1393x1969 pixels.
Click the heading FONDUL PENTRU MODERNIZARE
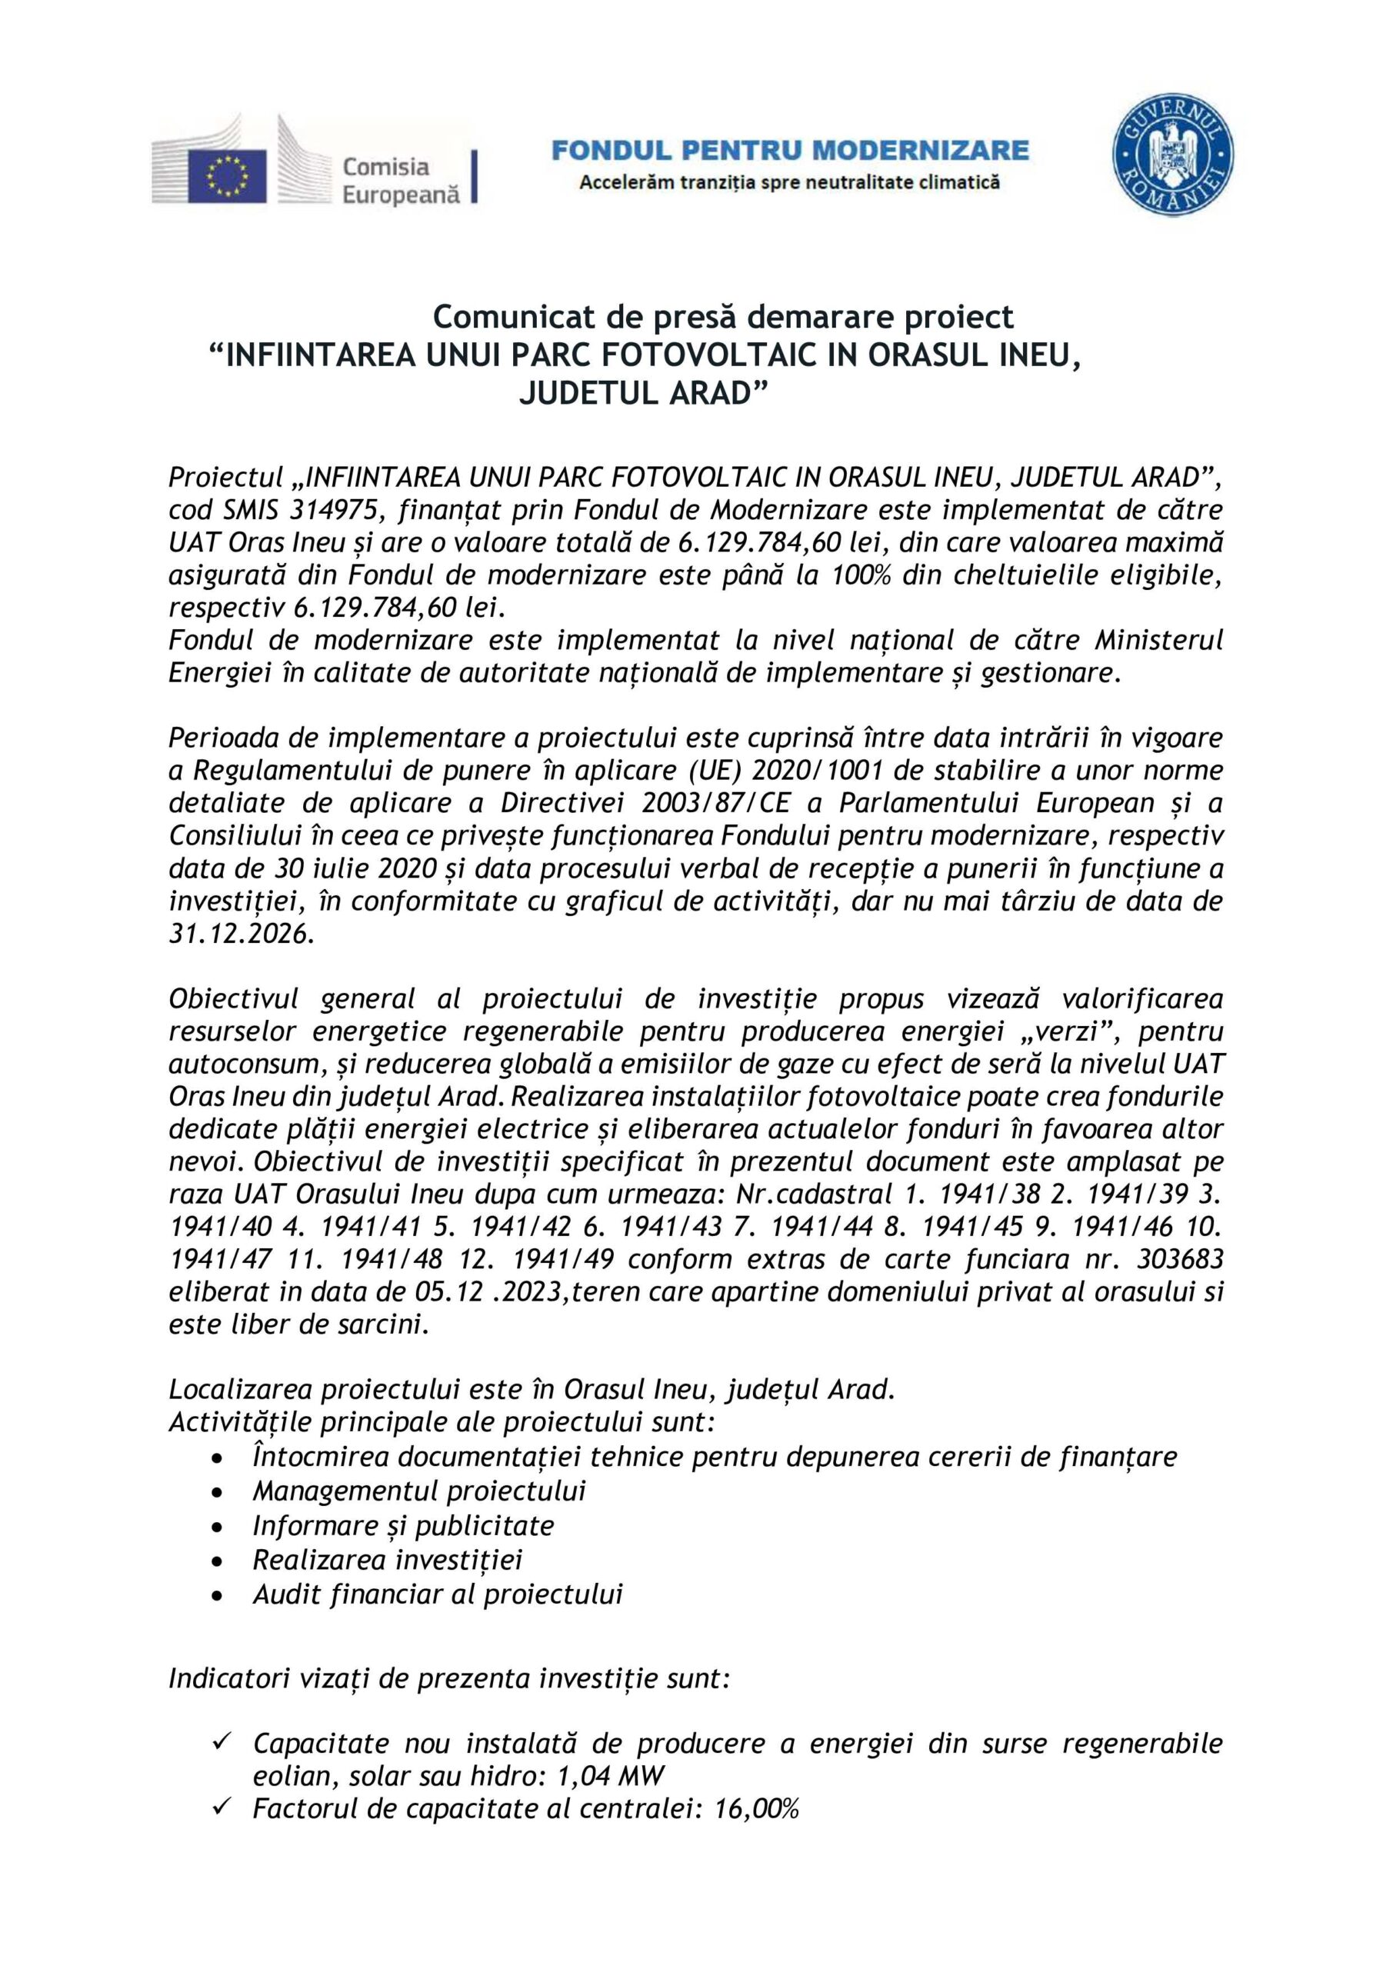pos(789,151)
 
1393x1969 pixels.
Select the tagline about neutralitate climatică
pos(789,182)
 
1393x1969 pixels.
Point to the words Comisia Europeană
pos(401,180)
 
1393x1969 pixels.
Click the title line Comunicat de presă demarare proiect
pos(723,318)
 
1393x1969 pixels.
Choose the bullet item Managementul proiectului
pos(419,1491)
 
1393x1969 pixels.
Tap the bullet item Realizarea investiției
pos(388,1560)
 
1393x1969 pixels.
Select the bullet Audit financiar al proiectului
pos(438,1594)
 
